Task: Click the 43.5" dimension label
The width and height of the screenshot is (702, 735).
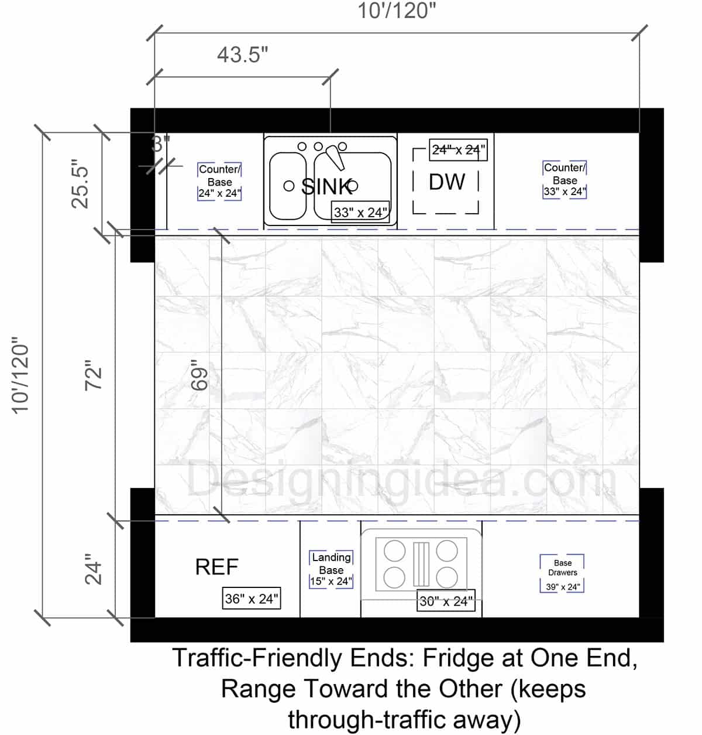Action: pos(242,54)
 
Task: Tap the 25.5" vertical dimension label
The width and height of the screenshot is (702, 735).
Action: pos(80,184)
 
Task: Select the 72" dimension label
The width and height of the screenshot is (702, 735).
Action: pos(94,375)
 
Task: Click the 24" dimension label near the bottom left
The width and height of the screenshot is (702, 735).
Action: pos(94,569)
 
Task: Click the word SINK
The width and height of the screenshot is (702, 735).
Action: pos(326,186)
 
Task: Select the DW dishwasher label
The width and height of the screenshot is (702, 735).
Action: pos(447,182)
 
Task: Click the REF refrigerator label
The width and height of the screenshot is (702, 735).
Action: pos(216,567)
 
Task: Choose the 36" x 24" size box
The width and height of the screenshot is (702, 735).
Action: pos(252,599)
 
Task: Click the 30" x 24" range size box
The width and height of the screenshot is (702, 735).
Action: pos(445,601)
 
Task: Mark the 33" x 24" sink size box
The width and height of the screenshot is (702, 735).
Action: pos(360,212)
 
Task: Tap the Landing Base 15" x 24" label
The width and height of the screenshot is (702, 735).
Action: pos(331,569)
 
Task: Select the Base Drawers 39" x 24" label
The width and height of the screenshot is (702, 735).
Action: pos(562,574)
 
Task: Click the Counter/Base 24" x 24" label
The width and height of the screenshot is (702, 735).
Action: pos(219,182)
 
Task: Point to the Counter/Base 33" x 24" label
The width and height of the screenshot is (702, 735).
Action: pos(565,180)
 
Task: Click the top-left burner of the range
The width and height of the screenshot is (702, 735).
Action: pos(395,551)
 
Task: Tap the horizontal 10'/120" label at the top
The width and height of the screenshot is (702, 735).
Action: pos(397,11)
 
